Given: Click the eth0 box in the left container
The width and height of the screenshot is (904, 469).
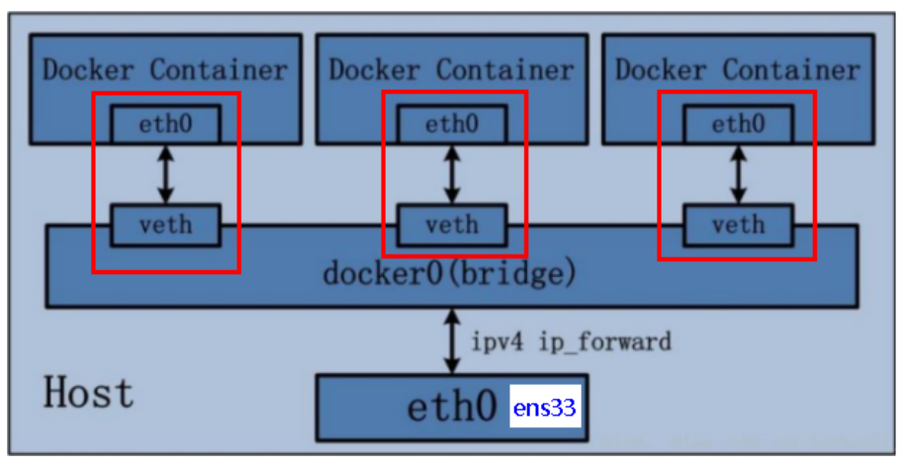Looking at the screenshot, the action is [x=165, y=124].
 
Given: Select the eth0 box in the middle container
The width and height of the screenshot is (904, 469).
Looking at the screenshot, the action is [x=452, y=124].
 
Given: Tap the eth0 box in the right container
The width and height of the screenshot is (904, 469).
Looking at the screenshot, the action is [x=739, y=124].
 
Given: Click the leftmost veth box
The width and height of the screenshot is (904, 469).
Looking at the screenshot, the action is [x=165, y=225].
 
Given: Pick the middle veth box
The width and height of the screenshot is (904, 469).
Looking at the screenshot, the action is [x=452, y=225].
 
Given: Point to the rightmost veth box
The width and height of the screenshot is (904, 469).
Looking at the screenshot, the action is [x=739, y=225].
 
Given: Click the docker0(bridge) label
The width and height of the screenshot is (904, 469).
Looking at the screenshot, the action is [x=450, y=273].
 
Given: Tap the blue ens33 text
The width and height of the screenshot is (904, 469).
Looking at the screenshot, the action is [x=545, y=408].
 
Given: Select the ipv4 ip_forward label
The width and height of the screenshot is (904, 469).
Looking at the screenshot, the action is [x=572, y=342].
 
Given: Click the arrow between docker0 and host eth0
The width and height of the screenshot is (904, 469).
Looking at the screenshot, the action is [x=452, y=341].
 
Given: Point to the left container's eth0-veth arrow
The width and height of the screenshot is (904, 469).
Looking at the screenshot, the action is [x=166, y=174].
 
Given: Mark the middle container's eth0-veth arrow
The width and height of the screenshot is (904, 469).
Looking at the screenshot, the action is [x=452, y=174].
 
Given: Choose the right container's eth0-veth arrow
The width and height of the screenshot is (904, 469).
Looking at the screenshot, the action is [x=739, y=174].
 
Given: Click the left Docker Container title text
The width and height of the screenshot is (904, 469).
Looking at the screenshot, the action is [x=165, y=70].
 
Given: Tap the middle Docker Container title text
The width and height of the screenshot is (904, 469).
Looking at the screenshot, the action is [x=451, y=70].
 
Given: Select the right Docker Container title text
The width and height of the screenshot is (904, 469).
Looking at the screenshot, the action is [x=738, y=70].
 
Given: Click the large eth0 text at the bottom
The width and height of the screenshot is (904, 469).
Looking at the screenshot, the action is [x=451, y=407].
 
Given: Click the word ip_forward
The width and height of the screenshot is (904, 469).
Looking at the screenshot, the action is [x=604, y=342].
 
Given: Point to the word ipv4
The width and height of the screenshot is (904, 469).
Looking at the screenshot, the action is [x=497, y=342].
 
